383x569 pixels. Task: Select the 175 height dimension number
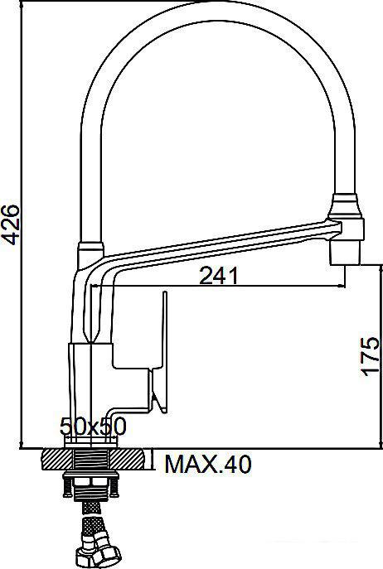click(x=371, y=356)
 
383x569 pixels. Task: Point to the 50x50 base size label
click(x=92, y=427)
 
